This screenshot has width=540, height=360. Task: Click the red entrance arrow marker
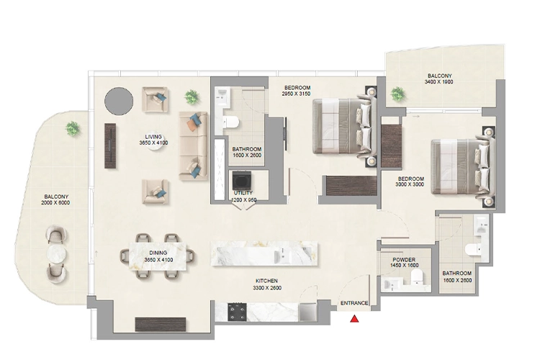354,318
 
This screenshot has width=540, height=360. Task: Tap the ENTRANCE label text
355,304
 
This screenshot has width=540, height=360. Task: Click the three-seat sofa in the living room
192,145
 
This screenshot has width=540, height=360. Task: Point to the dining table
158,253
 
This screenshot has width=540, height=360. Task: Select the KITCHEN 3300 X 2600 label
266,284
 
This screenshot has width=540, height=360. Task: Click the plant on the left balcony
72,128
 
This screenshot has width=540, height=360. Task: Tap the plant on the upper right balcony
397,93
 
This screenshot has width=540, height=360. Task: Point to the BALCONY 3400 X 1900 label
440,78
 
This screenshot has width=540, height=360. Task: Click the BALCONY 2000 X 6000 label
56,199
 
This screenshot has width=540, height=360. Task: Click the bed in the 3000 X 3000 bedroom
462,165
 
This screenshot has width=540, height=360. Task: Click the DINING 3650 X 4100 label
158,256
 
